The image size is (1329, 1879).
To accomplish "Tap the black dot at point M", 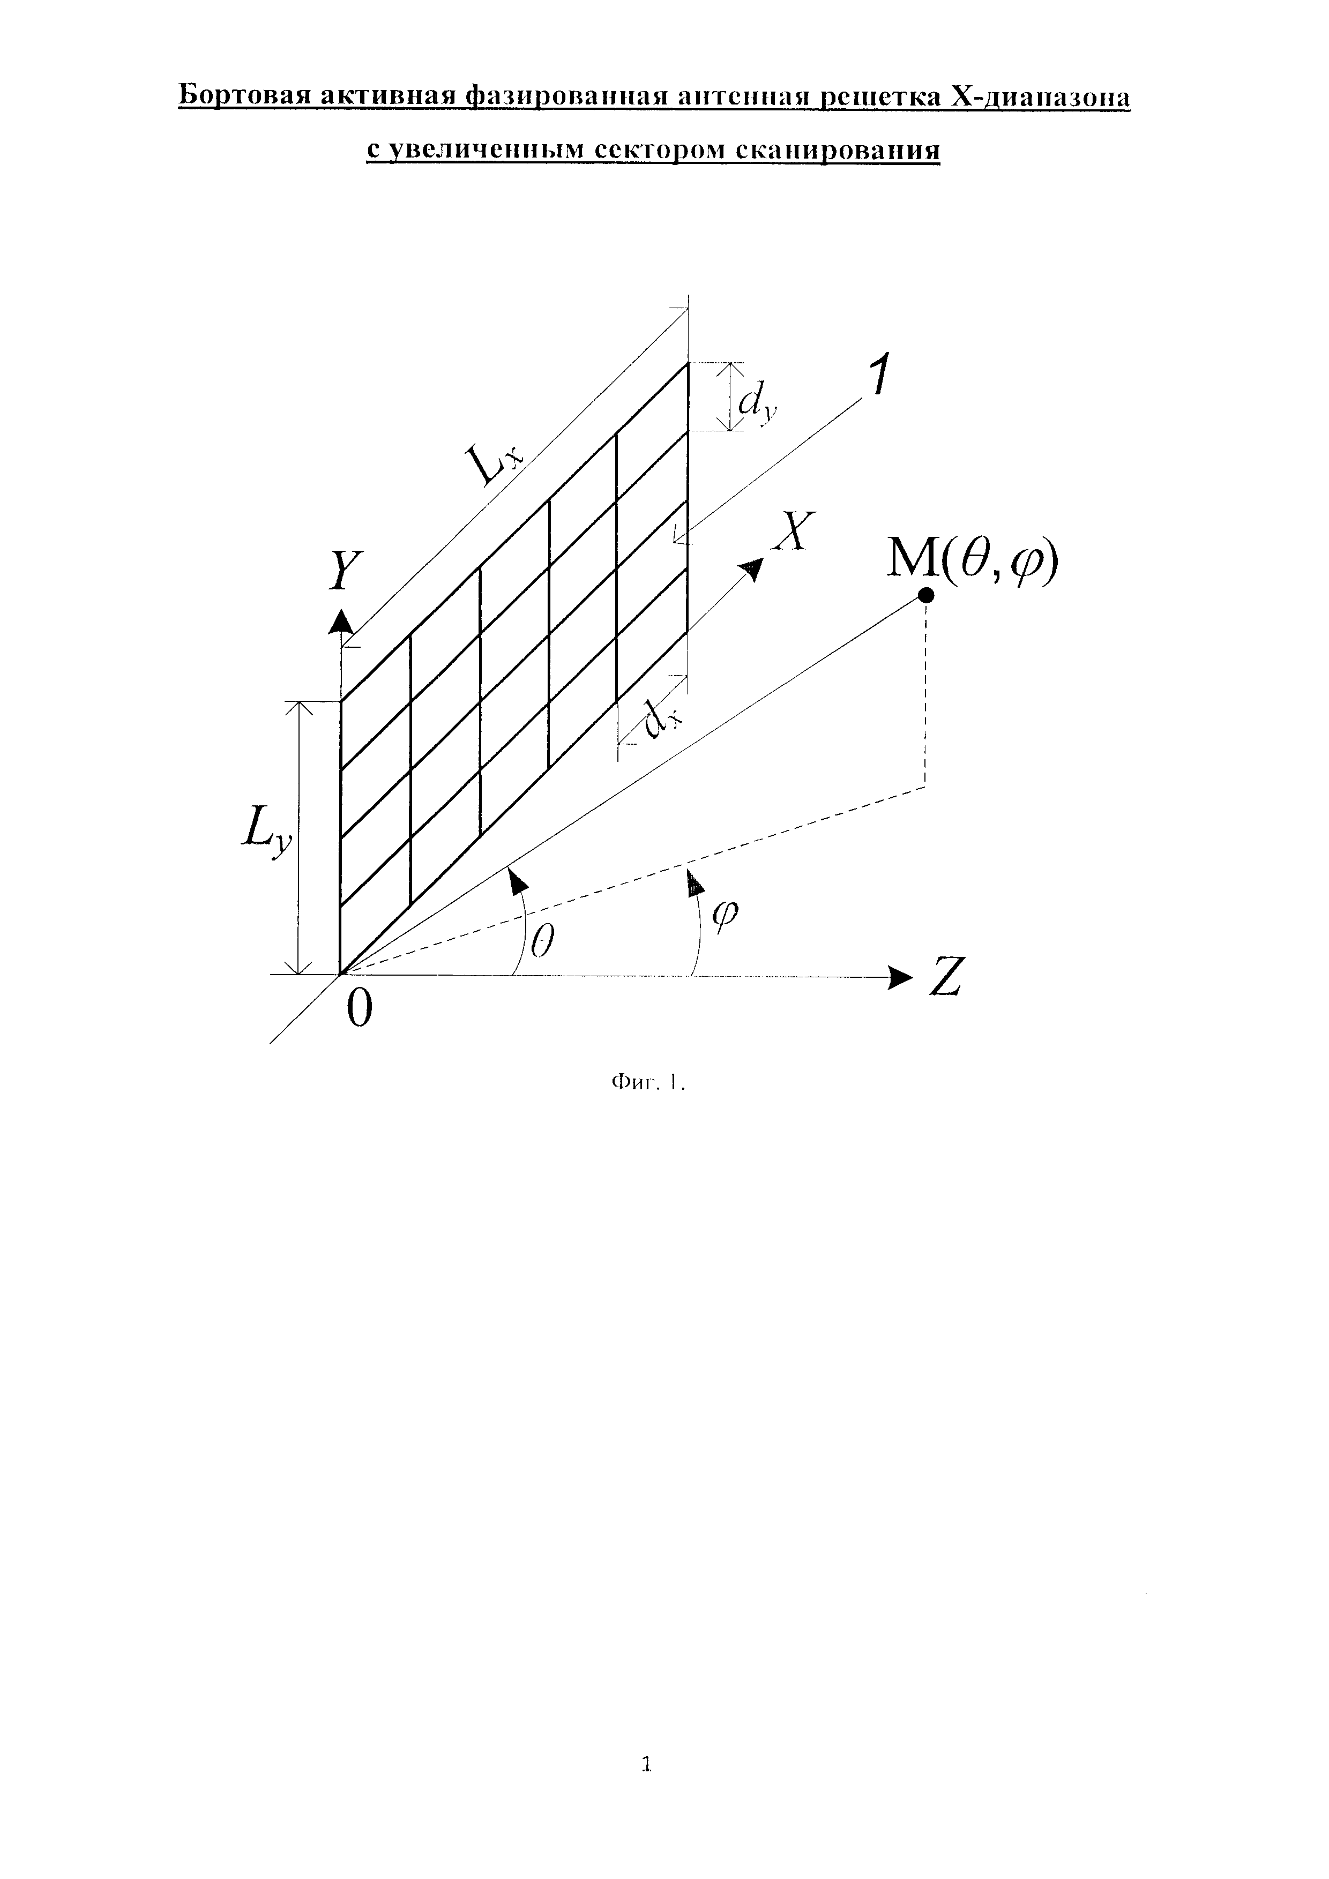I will click(925, 596).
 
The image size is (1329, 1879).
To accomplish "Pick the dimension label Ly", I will click(266, 836).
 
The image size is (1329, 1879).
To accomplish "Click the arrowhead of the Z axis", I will click(900, 976).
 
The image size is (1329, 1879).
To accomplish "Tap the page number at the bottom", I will click(646, 1761).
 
